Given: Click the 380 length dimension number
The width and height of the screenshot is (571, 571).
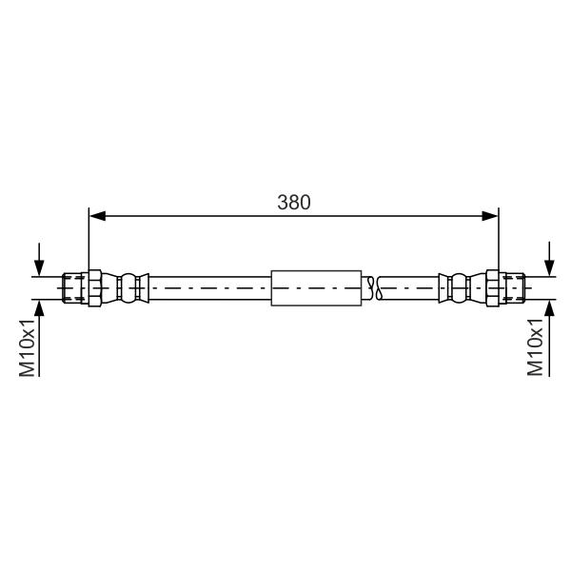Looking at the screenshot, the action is (x=294, y=202).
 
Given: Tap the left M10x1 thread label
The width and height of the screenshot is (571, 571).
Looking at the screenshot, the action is (x=28, y=347).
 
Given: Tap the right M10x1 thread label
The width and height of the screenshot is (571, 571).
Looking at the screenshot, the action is (x=535, y=347).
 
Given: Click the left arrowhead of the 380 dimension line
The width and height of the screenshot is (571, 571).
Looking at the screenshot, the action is (x=98, y=216).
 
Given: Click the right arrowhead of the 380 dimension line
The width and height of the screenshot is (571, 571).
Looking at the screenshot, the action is (x=490, y=216).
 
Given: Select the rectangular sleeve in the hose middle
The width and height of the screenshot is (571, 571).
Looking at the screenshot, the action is (x=317, y=288).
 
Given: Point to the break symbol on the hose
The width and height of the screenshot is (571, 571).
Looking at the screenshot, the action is (x=375, y=288).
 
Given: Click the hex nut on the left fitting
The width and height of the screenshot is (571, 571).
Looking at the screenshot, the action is (x=94, y=288).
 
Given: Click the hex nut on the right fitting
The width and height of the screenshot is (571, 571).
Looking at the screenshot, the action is (x=493, y=288).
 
